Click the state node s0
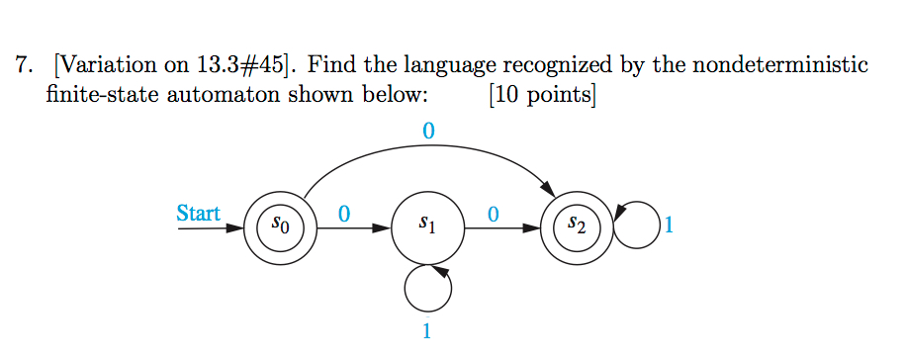[x=280, y=227]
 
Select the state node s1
[x=427, y=227]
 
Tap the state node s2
[x=578, y=227]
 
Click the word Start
[x=198, y=213]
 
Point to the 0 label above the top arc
[x=427, y=130]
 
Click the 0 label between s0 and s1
[x=343, y=213]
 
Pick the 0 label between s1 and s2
[x=493, y=213]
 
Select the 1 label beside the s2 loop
[x=670, y=227]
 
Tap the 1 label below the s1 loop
[x=427, y=332]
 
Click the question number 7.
[x=20, y=66]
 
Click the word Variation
[x=102, y=66]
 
